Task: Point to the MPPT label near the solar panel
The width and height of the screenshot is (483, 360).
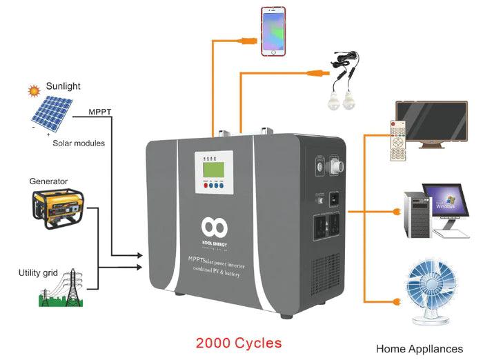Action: (101, 110)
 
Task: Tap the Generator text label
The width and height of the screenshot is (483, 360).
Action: (48, 181)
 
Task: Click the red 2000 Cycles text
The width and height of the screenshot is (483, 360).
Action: (238, 342)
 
